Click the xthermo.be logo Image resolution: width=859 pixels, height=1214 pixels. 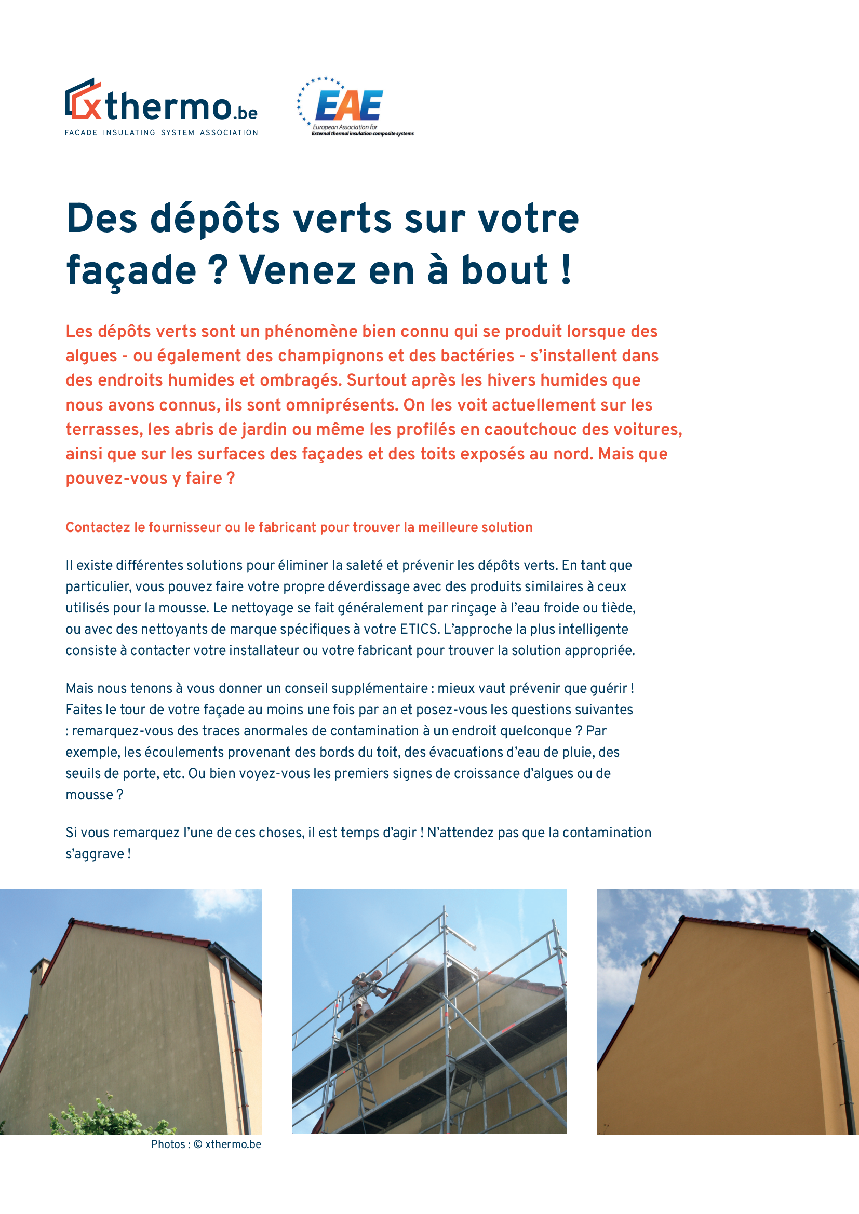pyautogui.click(x=161, y=104)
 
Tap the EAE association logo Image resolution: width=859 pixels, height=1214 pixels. pyautogui.click(x=349, y=106)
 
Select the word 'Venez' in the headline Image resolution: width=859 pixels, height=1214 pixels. pyautogui.click(x=297, y=271)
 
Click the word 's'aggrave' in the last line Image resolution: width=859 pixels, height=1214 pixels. pyautogui.click(x=95, y=854)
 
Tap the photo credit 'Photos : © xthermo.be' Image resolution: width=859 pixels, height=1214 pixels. pyautogui.click(x=206, y=1144)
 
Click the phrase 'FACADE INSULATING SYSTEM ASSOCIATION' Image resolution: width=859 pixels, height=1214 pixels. pyautogui.click(x=162, y=133)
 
